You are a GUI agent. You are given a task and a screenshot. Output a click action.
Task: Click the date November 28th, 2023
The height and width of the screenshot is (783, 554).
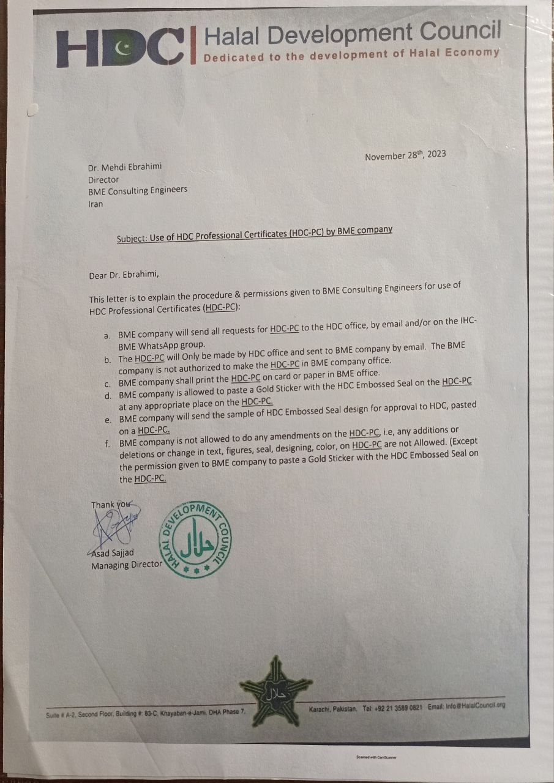tap(405, 155)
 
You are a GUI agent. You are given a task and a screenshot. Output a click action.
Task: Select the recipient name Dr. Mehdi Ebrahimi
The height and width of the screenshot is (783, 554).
tap(125, 166)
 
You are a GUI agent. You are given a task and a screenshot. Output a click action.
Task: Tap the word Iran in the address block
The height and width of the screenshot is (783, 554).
tap(96, 204)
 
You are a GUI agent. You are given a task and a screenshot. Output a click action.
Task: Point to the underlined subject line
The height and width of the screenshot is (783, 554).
tap(254, 233)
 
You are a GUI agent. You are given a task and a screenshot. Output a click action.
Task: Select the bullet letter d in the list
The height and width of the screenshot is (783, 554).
tap(107, 395)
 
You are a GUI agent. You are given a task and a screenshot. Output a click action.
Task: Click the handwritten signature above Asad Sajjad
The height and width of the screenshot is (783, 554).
tap(113, 525)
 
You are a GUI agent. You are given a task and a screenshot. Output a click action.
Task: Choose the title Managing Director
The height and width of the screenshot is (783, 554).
tap(127, 565)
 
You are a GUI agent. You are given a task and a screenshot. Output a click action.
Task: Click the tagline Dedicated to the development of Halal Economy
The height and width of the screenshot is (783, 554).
tap(351, 55)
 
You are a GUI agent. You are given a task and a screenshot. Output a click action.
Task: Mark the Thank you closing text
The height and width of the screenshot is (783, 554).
tap(111, 505)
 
